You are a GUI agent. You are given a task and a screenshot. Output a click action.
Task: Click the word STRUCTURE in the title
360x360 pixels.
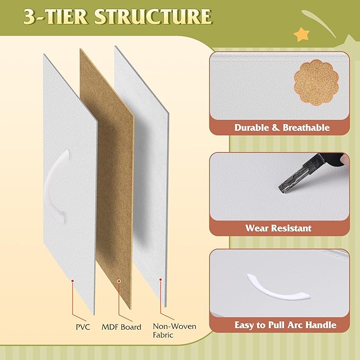coord(153,16)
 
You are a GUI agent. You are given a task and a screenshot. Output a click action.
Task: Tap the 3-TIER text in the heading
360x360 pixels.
coord(56,16)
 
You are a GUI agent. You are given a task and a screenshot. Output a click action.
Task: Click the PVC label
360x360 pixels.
coord(83,327)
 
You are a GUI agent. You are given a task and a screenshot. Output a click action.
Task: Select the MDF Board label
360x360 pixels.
coord(121,327)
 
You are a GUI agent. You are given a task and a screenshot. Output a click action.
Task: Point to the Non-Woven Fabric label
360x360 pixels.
coord(174,331)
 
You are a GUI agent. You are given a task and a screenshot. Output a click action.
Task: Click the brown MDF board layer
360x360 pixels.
coord(107,179)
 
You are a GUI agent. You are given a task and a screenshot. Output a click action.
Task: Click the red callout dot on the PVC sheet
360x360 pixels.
coord(73,281)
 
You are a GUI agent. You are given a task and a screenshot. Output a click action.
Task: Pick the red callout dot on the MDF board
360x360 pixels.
coord(119,281)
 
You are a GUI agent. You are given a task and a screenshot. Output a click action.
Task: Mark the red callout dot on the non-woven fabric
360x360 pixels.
coord(161,279)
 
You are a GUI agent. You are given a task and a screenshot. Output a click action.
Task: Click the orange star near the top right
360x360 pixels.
coord(302,34)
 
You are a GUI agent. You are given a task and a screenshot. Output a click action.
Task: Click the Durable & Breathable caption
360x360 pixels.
coord(282,128)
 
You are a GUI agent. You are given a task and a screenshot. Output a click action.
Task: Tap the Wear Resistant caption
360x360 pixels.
coord(278,228)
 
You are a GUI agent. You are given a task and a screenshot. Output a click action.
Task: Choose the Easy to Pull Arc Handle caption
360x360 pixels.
coord(285,325)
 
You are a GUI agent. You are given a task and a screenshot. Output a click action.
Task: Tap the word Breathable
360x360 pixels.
coord(306,128)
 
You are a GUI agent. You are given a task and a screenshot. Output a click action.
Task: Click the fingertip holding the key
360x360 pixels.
coord(345,159)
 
